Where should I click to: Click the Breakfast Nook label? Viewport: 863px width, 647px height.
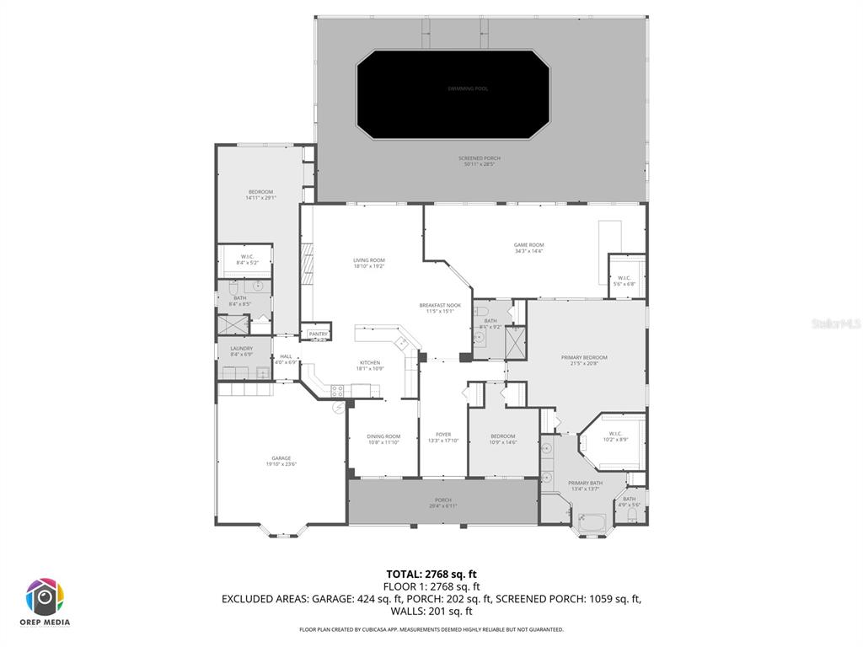pos(441,307)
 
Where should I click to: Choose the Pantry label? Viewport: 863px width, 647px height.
pos(318,334)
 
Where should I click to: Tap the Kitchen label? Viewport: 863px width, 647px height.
pos(371,366)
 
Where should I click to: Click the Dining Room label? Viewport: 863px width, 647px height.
pos(383,439)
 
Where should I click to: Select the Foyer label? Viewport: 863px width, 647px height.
pos(443,438)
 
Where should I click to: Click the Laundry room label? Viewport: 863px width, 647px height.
pos(242,351)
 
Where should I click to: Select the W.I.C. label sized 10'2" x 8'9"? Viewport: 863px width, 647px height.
pos(615,436)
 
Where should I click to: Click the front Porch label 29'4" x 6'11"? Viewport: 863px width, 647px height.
pos(443,503)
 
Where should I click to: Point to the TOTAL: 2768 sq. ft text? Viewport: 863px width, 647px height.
pos(431,575)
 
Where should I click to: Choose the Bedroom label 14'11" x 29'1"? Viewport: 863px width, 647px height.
pos(260,195)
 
